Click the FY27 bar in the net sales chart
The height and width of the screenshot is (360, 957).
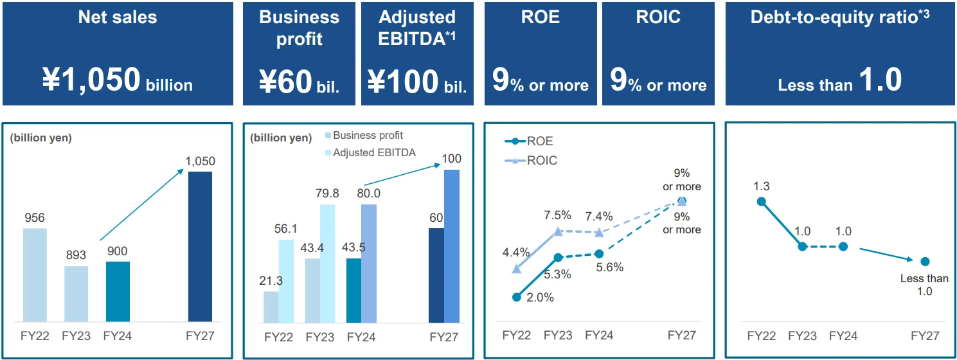coord(200,247)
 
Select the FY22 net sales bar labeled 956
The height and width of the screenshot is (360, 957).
coord(35,275)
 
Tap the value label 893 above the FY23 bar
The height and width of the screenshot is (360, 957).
coord(76,255)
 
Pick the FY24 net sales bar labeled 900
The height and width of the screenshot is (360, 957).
coord(118,291)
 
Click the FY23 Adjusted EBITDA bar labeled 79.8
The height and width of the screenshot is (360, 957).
coord(328,264)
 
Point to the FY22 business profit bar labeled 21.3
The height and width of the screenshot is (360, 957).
coord(271,307)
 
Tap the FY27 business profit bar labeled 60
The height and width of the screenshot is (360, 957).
coord(436,275)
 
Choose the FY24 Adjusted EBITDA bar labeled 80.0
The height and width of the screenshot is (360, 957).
coord(369,264)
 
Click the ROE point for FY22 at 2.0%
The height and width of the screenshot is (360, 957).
coord(517,297)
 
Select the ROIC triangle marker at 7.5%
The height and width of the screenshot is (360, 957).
coord(558,231)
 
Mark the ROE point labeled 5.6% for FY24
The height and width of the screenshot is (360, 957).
coord(599,254)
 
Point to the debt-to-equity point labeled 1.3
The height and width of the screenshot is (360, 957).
coord(762,201)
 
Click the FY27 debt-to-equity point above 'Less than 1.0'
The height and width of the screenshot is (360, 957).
coord(925,261)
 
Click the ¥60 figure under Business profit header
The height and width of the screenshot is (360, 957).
coord(287,82)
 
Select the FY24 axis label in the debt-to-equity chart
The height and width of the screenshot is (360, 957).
coord(843,336)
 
